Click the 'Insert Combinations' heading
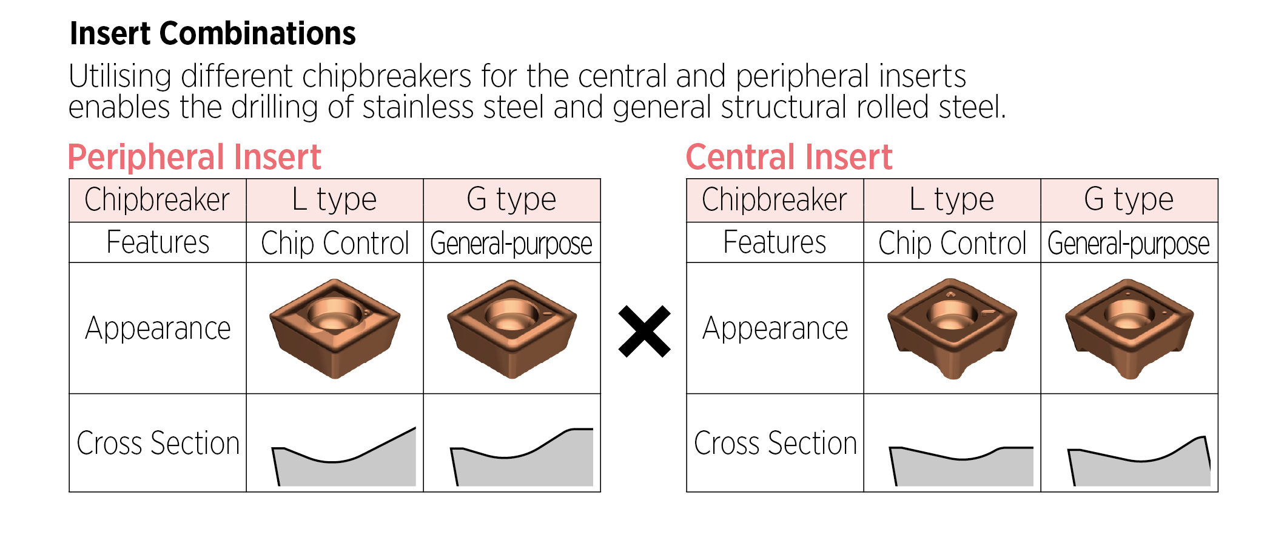[212, 33]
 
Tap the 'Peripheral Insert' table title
[194, 158]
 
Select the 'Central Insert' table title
[788, 158]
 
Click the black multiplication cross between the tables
[644, 331]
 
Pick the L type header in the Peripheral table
[334, 200]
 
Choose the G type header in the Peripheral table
[511, 200]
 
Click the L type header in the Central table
[952, 200]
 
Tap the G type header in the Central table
[1129, 200]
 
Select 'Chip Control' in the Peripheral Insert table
[334, 243]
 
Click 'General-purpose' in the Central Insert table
[1129, 243]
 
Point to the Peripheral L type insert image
[334, 328]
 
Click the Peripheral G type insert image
[511, 328]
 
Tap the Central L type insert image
[952, 328]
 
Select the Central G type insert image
[1129, 328]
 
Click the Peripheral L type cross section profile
[344, 464]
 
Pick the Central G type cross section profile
[1139, 467]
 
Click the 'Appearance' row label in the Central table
[775, 329]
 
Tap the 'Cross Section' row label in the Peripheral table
[158, 443]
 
